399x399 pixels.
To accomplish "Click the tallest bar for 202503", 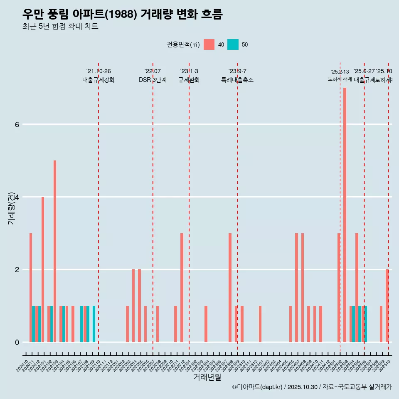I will (x=345, y=215).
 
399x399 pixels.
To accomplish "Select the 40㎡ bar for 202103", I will (x=55, y=251).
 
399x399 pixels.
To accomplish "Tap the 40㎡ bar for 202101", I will (x=43, y=269).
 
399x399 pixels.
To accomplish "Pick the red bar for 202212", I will (x=182, y=288).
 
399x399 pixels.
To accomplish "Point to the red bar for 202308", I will (x=230, y=288).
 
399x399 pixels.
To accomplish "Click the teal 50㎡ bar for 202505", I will (x=360, y=324).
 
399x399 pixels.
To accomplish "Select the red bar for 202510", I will (x=387, y=305).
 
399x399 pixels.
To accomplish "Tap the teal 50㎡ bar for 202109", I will (x=94, y=324).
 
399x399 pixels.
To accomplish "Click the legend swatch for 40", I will (x=209, y=44).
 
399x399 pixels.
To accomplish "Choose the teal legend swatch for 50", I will (x=233, y=44).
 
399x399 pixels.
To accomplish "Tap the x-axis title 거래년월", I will (x=207, y=377).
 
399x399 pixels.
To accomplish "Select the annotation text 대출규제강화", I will (x=99, y=80).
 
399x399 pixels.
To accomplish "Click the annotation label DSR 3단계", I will (x=153, y=80).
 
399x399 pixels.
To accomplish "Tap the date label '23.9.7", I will (x=237, y=71).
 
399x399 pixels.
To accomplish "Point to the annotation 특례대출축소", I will (x=237, y=80).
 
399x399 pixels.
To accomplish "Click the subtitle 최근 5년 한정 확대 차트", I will (x=60, y=27).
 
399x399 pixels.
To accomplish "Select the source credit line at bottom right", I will (x=312, y=387).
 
